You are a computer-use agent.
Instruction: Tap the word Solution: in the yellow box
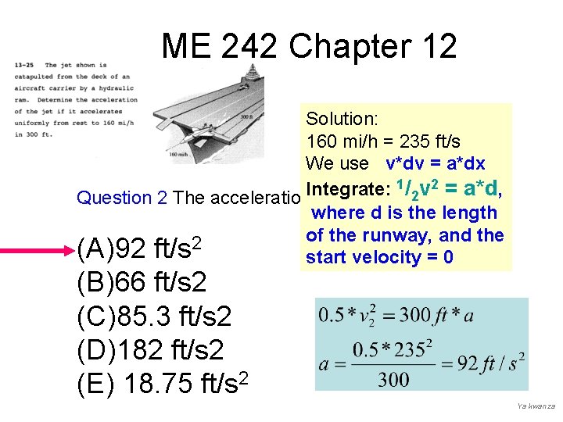click(342, 119)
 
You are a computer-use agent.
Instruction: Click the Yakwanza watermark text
click(535, 407)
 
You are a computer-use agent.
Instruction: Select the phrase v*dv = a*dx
click(436, 163)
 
